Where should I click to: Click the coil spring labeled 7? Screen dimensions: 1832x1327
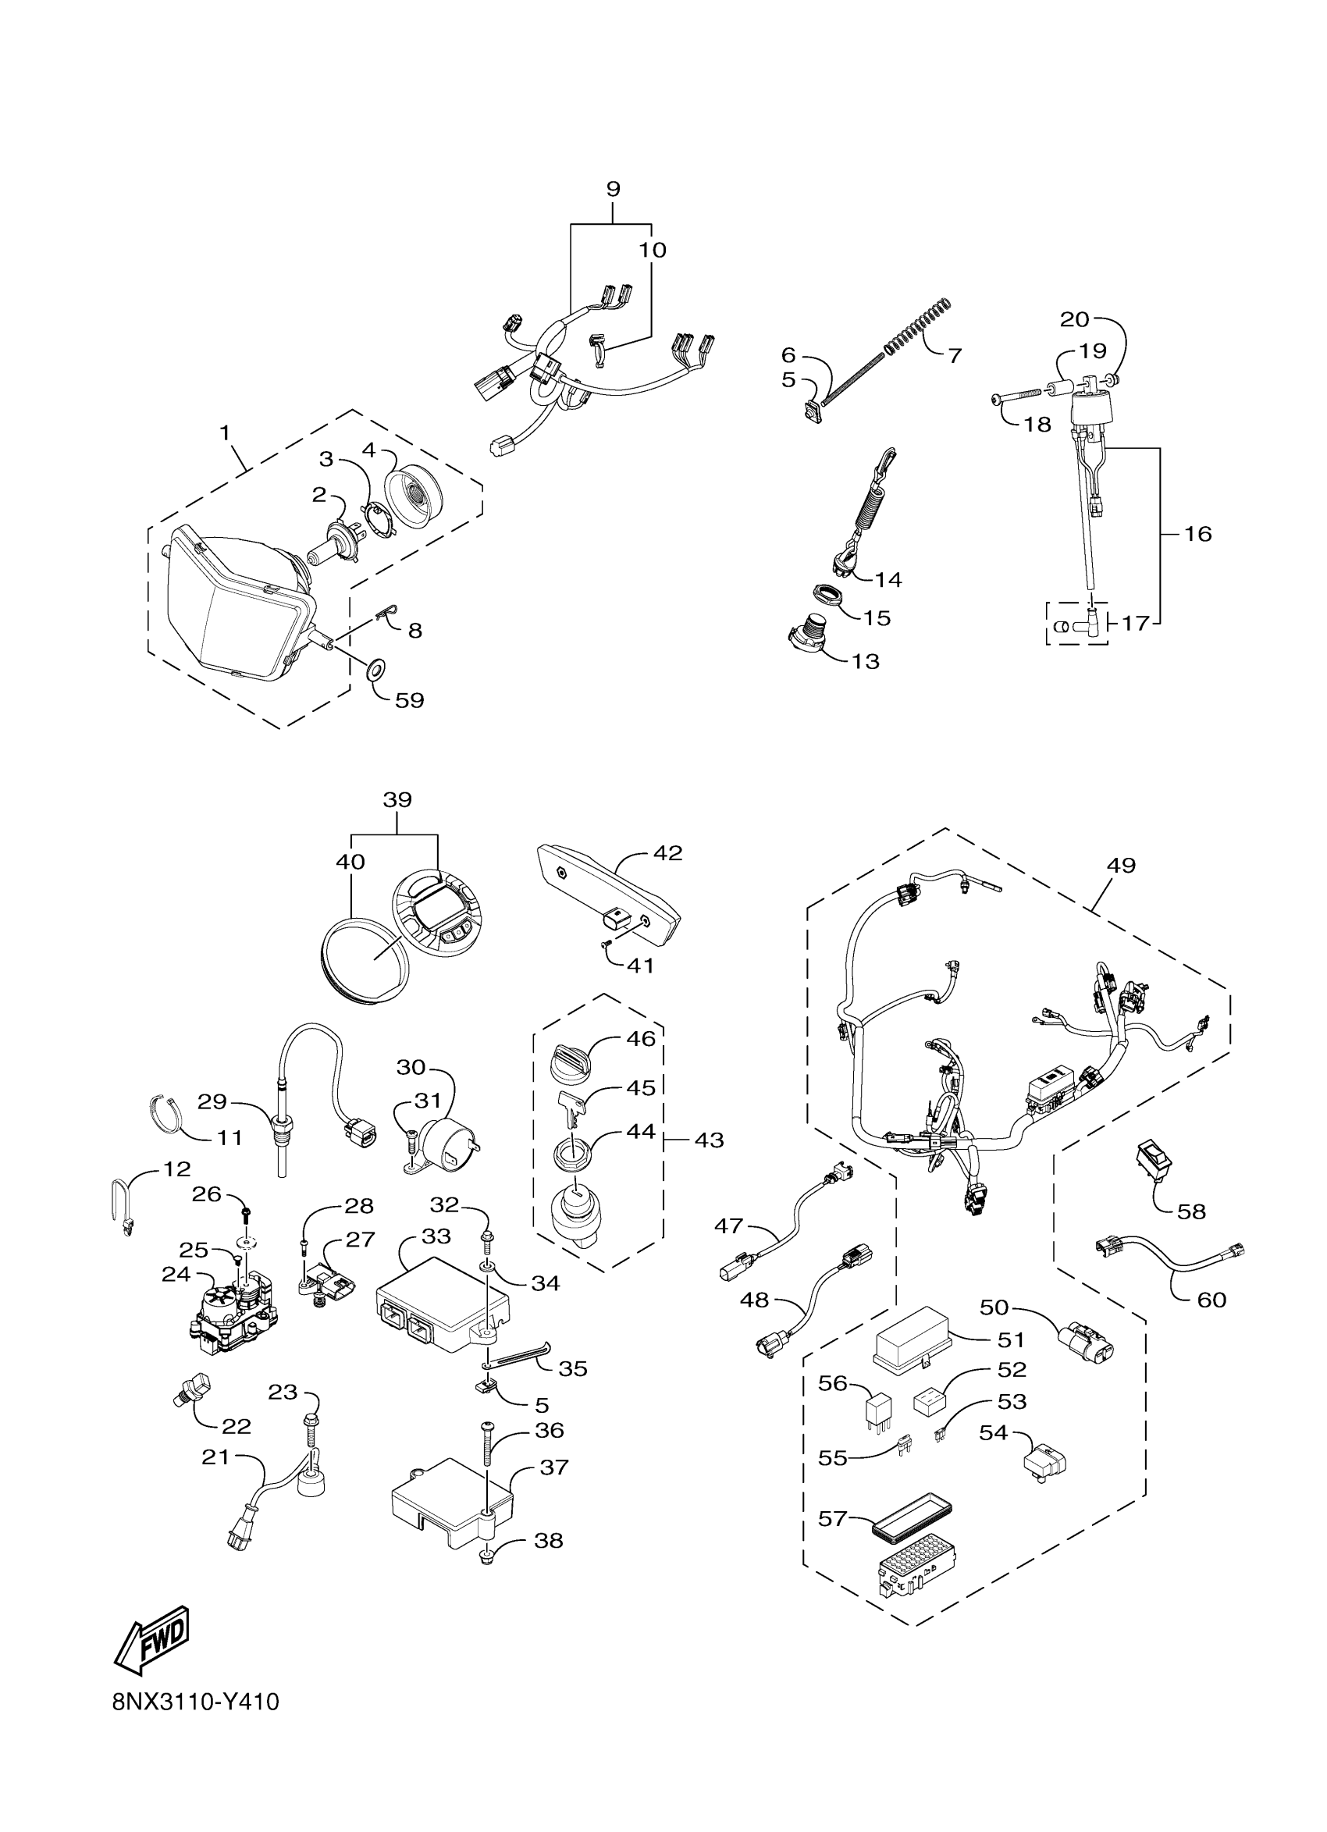pyautogui.click(x=917, y=326)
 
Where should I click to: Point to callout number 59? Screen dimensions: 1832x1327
pyautogui.click(x=410, y=699)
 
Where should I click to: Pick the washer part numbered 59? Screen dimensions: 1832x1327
pyautogui.click(x=376, y=670)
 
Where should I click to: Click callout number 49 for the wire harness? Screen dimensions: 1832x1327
pyautogui.click(x=1121, y=865)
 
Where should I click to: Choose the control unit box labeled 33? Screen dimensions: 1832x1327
pyautogui.click(x=443, y=1315)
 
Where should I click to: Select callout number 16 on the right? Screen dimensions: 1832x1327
pyautogui.click(x=1197, y=533)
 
